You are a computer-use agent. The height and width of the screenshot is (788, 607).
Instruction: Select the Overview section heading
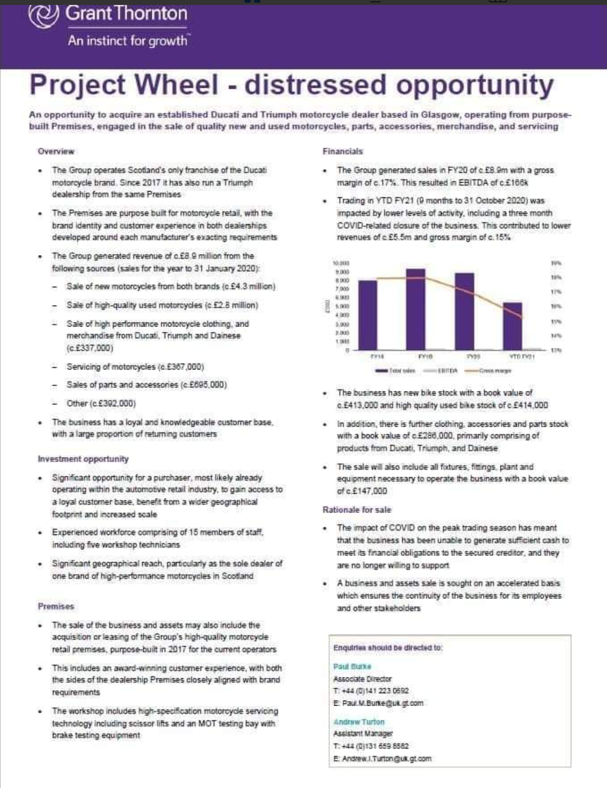click(56, 151)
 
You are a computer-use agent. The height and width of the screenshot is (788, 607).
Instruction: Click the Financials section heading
click(343, 151)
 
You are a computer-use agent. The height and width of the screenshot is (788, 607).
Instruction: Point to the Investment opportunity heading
click(83, 459)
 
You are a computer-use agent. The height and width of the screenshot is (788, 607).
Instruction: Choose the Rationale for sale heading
click(357, 510)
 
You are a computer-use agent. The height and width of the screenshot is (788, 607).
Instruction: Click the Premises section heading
click(56, 606)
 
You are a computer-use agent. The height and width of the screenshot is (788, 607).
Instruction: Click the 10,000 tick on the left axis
click(341, 263)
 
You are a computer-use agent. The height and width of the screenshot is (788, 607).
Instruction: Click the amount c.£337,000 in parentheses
click(90, 348)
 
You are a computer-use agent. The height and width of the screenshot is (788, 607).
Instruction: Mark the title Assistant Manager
click(363, 733)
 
